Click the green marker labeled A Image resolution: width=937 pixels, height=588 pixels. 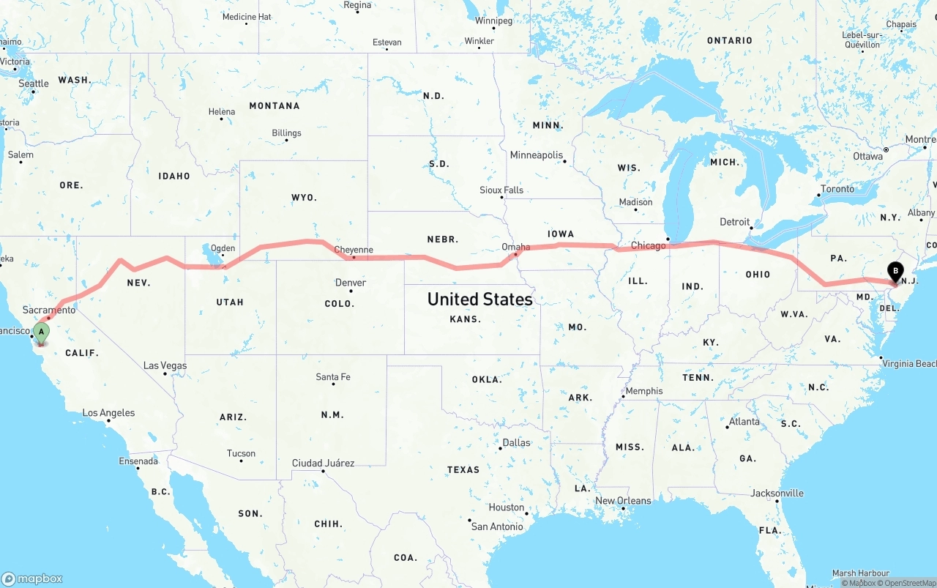click(41, 332)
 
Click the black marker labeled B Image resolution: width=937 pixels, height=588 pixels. click(895, 272)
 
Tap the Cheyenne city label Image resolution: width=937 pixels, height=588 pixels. click(354, 250)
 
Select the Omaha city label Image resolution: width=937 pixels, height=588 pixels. click(515, 247)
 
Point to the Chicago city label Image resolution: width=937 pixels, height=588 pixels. click(649, 245)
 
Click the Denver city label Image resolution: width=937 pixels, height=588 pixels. click(351, 283)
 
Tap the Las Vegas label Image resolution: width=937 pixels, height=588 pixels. click(165, 365)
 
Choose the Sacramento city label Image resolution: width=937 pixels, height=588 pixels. click(49, 310)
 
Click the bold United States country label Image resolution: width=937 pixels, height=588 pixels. click(479, 299)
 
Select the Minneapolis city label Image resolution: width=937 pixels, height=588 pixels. click(537, 155)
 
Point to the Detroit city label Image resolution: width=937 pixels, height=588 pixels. click(735, 222)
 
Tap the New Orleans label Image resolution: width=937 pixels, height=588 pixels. click(623, 501)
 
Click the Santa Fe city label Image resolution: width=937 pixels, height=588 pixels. click(333, 377)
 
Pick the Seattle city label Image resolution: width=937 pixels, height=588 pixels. click(34, 83)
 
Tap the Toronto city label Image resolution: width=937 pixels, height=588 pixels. click(837, 189)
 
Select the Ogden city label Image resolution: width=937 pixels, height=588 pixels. click(223, 248)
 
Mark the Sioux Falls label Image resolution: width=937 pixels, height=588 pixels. click(501, 190)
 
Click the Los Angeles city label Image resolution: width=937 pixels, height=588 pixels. click(108, 413)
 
